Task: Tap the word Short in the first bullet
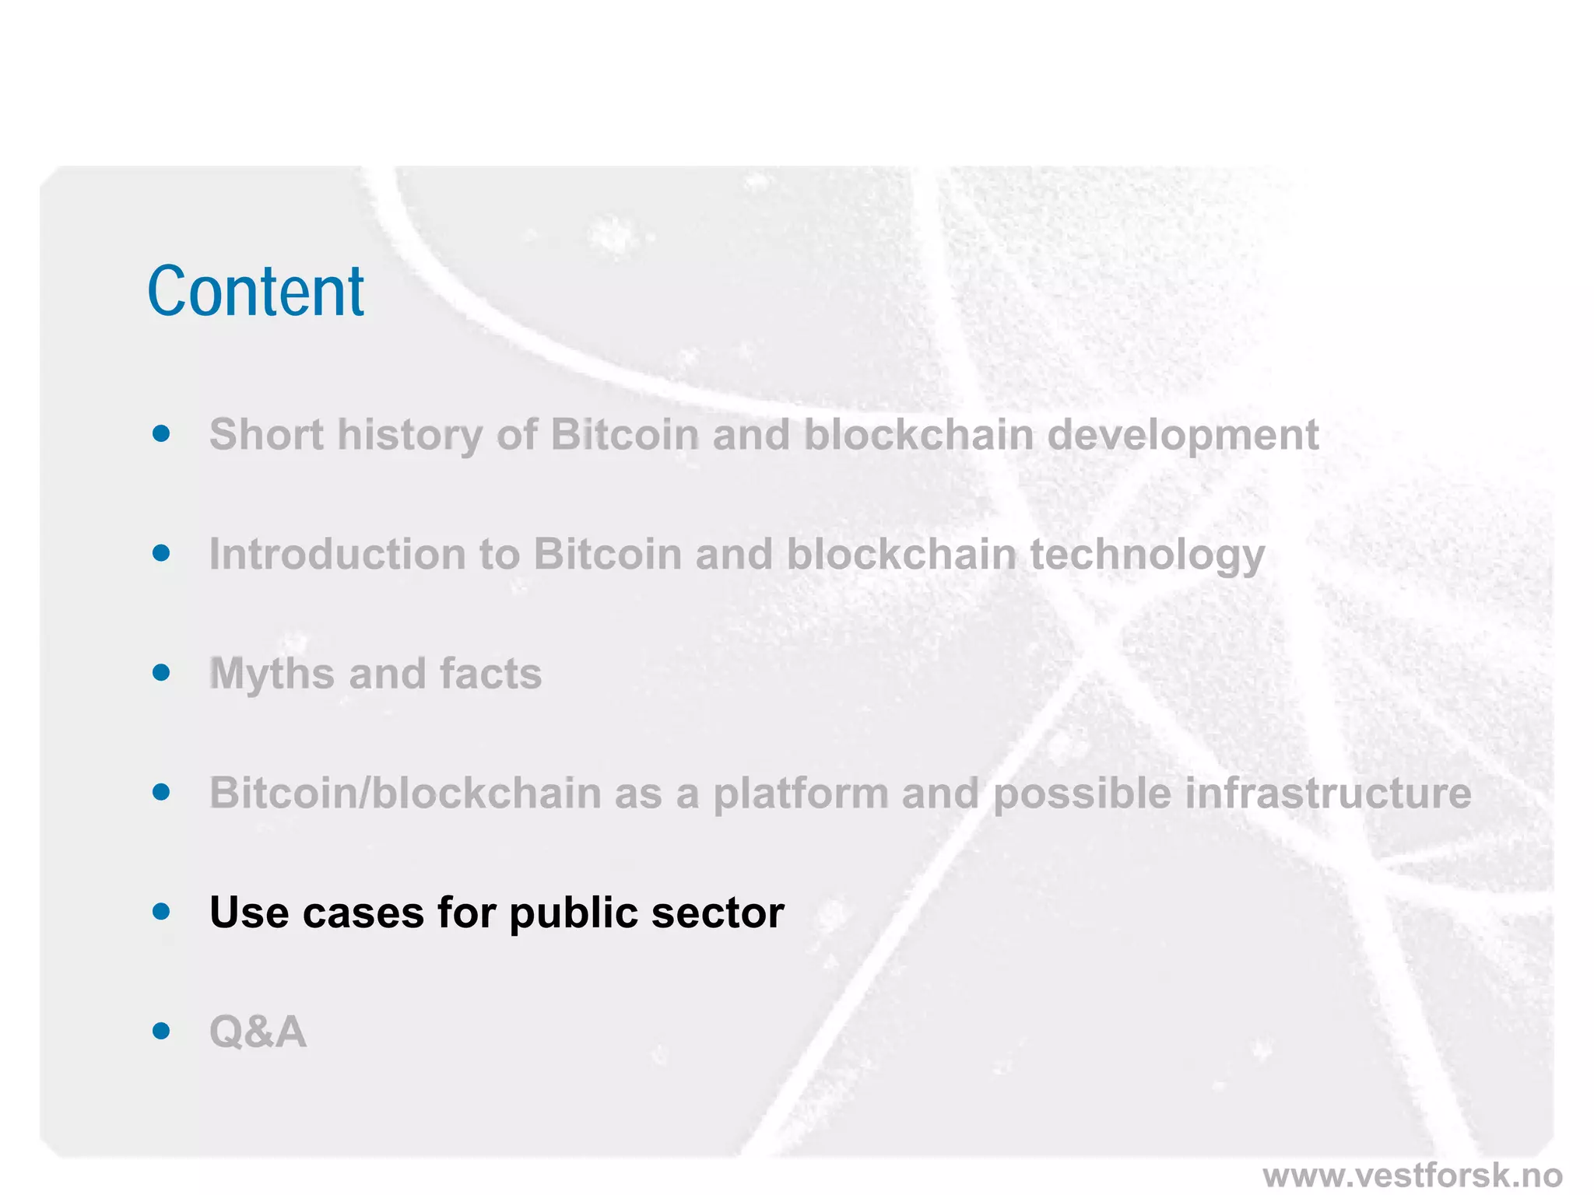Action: point(265,434)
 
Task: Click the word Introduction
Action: point(337,554)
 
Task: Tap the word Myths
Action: point(272,674)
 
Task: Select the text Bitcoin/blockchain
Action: point(405,794)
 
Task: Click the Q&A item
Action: point(258,1032)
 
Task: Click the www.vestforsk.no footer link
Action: point(1412,1175)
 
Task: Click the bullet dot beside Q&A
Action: point(161,1031)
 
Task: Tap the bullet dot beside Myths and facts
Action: point(161,672)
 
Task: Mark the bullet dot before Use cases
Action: point(161,911)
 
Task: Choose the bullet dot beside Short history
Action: point(161,433)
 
